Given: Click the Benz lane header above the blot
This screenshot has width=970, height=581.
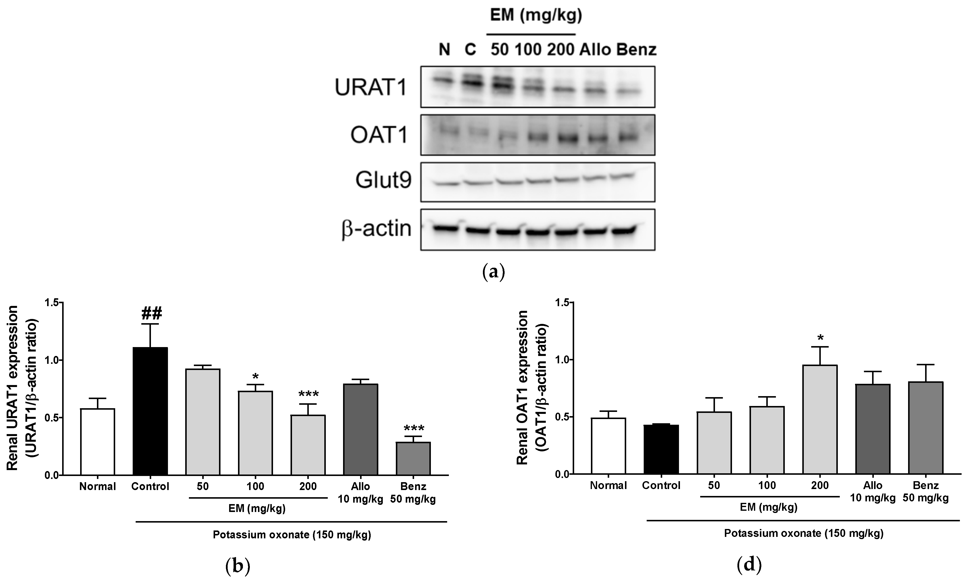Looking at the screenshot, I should (636, 50).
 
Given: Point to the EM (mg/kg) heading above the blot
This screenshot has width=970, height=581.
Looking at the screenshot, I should (536, 16).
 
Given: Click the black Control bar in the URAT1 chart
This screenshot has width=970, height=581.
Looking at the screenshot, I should (150, 411).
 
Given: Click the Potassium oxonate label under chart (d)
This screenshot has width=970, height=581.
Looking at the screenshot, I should (804, 533).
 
